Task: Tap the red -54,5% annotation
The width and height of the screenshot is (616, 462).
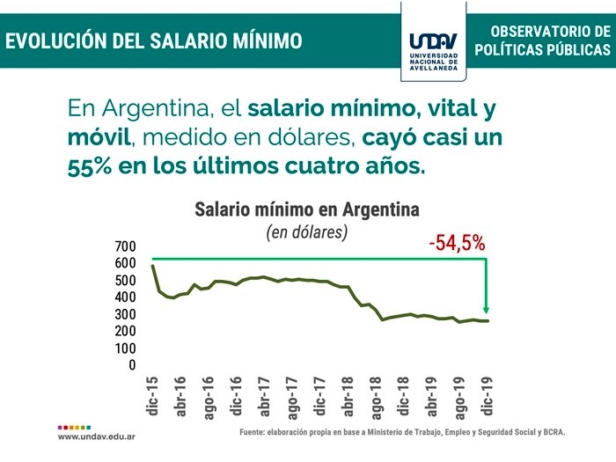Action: pos(458,243)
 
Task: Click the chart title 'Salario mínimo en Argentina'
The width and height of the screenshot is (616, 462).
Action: pos(306,210)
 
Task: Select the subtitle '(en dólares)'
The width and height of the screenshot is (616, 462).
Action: pos(307,232)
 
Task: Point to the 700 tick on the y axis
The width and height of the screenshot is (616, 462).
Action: pos(126,246)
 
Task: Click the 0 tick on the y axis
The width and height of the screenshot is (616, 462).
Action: pos(132,365)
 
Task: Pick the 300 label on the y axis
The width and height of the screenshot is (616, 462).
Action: pos(126,314)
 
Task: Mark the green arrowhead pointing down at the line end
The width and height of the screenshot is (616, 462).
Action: pos(486,308)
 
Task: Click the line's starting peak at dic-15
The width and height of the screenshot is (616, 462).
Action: pos(152,266)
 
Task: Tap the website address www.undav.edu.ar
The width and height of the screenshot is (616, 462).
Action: pos(96,436)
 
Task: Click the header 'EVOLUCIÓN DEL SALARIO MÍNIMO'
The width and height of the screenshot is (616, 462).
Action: pos(154,40)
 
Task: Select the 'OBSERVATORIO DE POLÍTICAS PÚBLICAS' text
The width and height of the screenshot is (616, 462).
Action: pos(542,41)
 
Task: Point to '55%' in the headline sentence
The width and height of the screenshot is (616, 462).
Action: pos(91,165)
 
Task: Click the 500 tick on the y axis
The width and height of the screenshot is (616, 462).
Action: pos(126,281)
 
